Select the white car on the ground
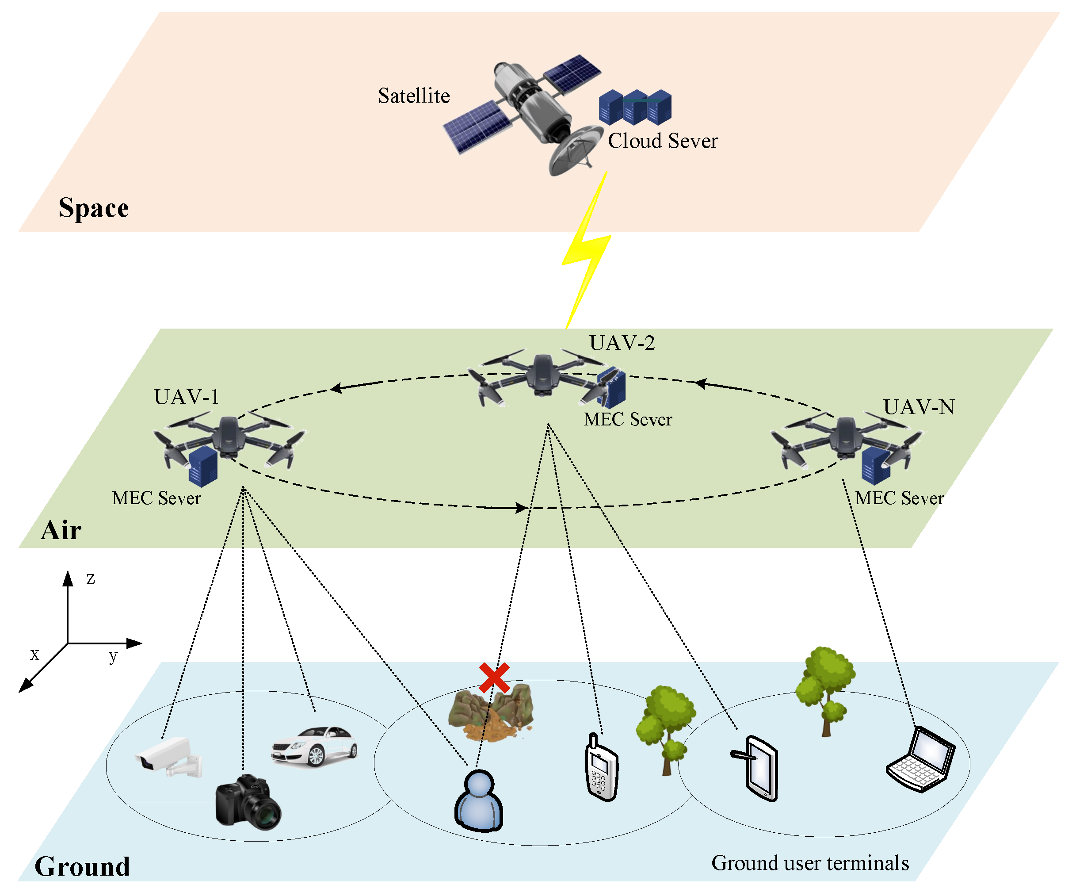click(314, 747)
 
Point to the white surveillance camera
click(168, 757)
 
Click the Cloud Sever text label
click(662, 141)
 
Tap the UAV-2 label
click(622, 343)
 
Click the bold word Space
click(93, 208)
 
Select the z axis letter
click(90, 579)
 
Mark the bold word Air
click(61, 530)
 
